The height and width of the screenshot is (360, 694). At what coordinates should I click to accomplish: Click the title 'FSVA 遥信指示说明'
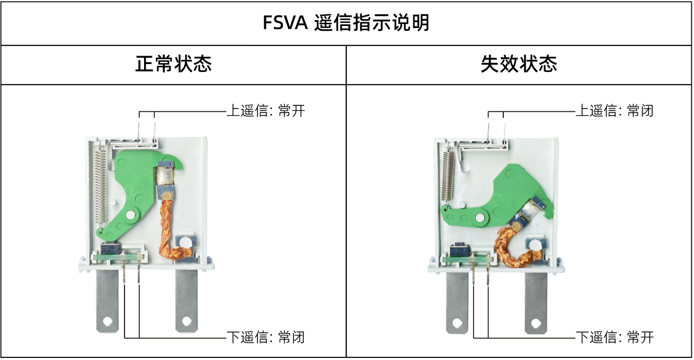pos(346,23)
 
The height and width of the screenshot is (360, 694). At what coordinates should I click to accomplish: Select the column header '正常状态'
pos(173,65)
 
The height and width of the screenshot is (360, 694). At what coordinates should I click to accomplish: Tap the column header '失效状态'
pos(519,65)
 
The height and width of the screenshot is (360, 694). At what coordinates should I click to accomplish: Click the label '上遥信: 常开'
pos(265,111)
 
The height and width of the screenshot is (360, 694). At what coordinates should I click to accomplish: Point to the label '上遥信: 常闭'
pos(615,111)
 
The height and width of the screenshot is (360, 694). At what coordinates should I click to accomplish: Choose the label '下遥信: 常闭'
pos(265,337)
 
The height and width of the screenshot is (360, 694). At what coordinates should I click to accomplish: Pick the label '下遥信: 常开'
pos(615,337)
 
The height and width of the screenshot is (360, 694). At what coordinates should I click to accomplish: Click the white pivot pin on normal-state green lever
pos(130,215)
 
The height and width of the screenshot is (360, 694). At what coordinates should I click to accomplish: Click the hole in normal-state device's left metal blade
pos(108,321)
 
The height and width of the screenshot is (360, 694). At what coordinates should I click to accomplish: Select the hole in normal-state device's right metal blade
pos(186,321)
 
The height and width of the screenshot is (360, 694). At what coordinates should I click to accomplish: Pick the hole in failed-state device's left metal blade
pos(457,322)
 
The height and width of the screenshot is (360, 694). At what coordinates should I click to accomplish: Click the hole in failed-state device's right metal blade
pos(535,322)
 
